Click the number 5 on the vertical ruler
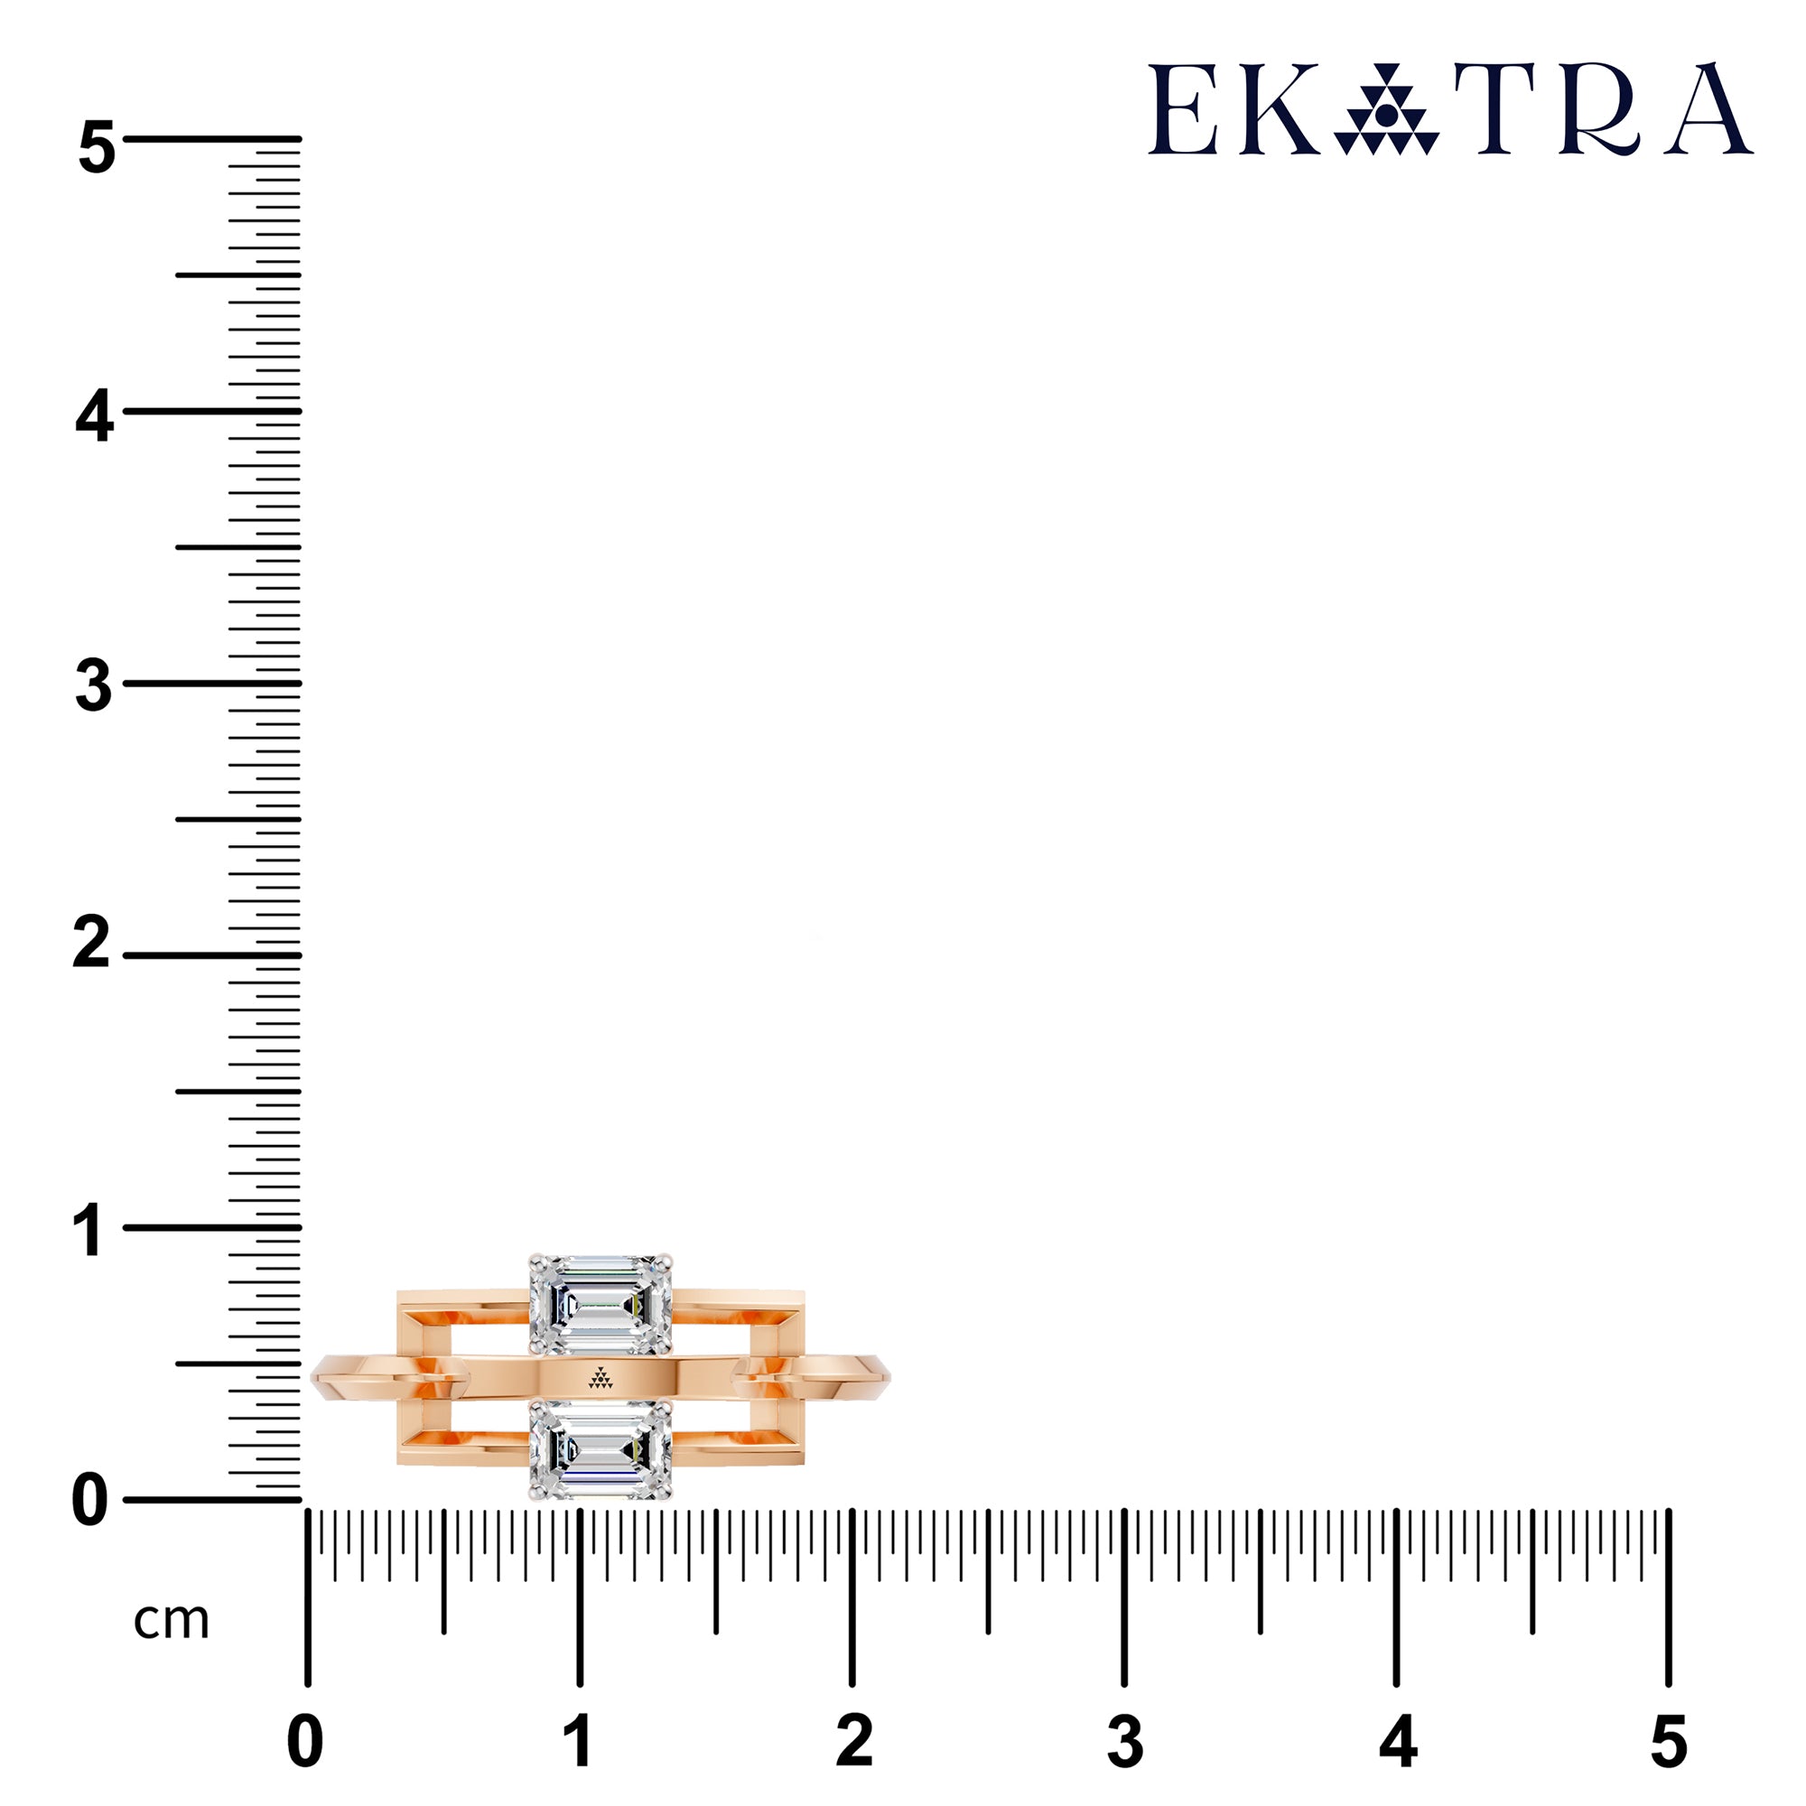pos(97,148)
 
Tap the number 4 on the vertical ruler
pos(95,417)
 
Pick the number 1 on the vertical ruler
pos(88,1230)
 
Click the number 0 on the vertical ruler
pos(90,1503)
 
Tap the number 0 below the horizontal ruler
pos(306,1742)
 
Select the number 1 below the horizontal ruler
pos(579,1742)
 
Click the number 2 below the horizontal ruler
pos(854,1742)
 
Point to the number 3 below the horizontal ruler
pos(1125,1742)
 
